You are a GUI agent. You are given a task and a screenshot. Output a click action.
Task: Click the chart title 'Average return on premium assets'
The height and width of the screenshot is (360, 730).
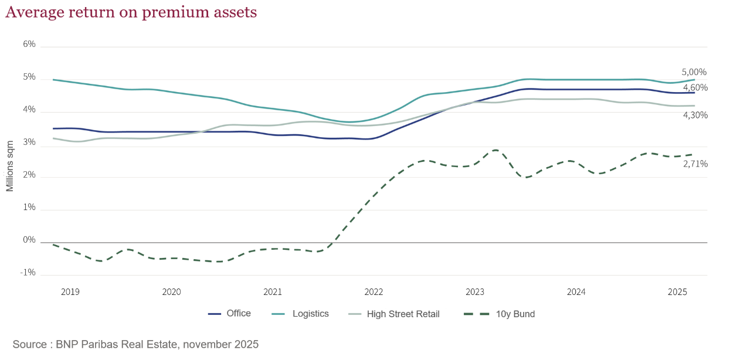point(131,12)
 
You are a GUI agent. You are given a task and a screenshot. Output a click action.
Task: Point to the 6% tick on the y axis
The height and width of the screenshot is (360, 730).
point(29,44)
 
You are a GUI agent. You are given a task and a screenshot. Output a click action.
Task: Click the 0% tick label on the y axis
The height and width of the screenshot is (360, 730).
point(29,240)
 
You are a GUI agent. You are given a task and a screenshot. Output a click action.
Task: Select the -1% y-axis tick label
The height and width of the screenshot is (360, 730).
point(28,273)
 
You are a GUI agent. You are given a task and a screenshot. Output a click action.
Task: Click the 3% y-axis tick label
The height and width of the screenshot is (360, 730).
point(29,142)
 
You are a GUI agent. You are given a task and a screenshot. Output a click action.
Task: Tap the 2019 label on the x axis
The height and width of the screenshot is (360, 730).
point(70,291)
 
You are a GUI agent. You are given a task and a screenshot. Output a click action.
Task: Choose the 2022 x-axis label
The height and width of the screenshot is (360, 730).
point(374,291)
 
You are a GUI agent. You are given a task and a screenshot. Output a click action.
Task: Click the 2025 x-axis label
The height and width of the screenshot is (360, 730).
point(678,291)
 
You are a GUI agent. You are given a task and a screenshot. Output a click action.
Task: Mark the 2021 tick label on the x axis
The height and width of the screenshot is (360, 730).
point(273,291)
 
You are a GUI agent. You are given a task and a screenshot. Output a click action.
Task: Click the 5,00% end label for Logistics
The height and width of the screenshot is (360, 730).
point(694,72)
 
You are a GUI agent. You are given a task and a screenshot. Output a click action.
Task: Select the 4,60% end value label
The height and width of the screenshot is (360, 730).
point(695,87)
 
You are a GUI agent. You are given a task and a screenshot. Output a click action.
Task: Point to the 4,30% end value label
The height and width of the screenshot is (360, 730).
point(695,115)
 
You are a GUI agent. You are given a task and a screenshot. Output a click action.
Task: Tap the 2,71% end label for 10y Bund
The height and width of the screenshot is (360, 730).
point(695,164)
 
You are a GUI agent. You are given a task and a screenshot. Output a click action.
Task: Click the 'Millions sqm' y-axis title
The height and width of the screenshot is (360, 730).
point(10,166)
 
